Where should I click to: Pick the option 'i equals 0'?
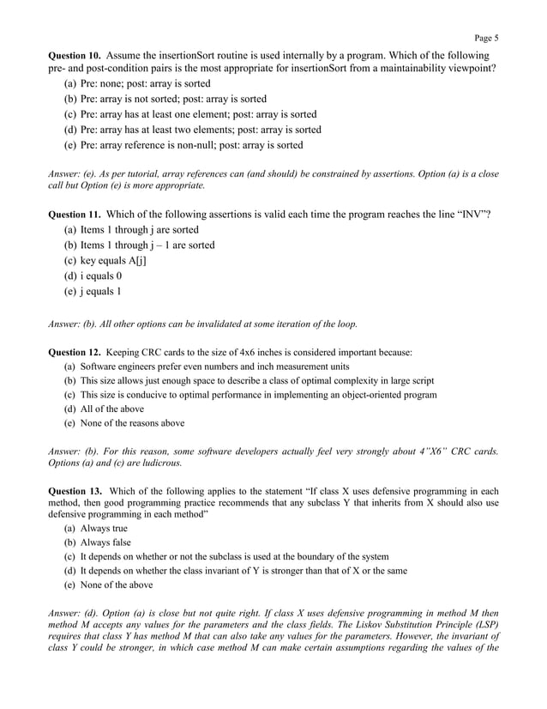point(100,276)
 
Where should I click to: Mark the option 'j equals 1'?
point(100,291)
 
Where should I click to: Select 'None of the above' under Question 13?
point(117,585)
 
